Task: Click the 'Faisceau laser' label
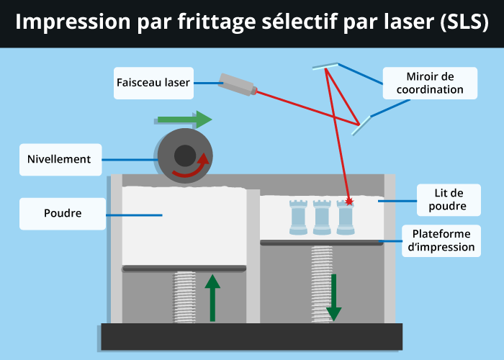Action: coord(153,83)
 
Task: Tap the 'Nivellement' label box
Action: coord(59,159)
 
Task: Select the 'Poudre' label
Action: coord(63,214)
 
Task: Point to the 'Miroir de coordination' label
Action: coord(430,83)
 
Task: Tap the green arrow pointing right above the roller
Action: coord(184,119)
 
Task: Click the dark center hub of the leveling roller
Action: coord(184,156)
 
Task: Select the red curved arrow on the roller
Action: coord(194,168)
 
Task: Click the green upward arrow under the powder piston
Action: coord(212,296)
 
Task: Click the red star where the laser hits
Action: coord(350,201)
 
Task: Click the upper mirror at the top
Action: coord(325,66)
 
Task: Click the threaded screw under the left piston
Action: coord(185,296)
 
